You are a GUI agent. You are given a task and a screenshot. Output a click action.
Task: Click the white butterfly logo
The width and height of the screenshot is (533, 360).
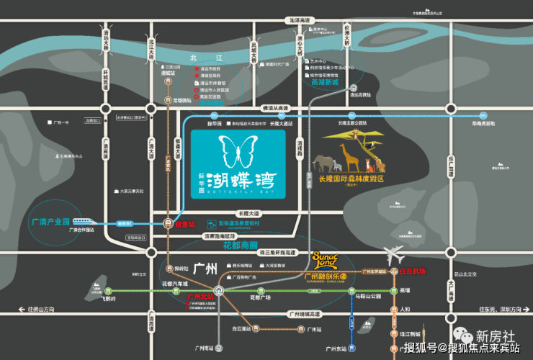coord(238,153)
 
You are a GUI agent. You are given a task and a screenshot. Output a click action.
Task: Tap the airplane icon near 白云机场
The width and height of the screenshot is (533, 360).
coord(395,255)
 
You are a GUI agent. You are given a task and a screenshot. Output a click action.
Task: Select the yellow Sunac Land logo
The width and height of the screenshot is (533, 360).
coord(326,258)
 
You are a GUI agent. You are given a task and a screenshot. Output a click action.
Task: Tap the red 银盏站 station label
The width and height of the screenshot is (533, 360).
coord(186,224)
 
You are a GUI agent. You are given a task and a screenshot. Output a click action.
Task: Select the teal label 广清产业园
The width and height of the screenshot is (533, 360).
coord(51,221)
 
